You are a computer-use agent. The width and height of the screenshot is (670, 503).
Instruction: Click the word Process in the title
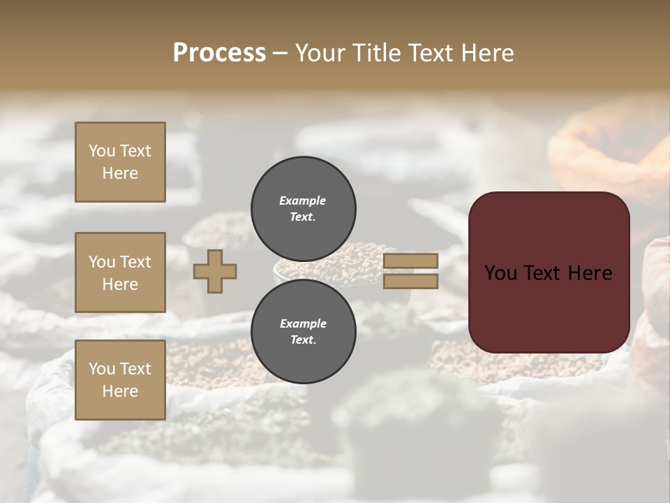(219, 53)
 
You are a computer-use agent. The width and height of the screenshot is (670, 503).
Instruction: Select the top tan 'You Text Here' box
(120, 162)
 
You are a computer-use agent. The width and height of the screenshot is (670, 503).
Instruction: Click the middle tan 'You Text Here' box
(120, 272)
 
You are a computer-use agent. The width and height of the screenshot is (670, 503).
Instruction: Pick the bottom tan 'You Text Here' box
(120, 380)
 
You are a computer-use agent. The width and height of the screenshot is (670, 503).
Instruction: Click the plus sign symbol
(215, 272)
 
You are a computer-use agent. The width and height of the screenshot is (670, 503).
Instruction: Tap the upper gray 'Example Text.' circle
(303, 208)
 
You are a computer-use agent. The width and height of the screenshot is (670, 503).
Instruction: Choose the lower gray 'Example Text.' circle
(303, 332)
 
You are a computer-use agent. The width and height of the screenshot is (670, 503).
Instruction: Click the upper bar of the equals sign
(410, 261)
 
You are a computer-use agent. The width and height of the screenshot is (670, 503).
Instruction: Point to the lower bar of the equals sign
(410, 282)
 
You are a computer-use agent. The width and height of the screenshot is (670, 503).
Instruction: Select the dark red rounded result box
(549, 272)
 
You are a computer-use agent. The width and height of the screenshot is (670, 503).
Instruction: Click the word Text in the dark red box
(549, 273)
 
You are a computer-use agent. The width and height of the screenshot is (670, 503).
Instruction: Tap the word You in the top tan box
(102, 151)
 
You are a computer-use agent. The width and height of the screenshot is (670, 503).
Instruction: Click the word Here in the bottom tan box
(120, 391)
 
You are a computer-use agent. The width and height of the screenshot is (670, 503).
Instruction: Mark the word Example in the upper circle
(303, 201)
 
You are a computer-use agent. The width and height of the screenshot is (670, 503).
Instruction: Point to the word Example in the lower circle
(303, 323)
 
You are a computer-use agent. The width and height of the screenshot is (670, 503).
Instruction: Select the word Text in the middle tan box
(136, 262)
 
